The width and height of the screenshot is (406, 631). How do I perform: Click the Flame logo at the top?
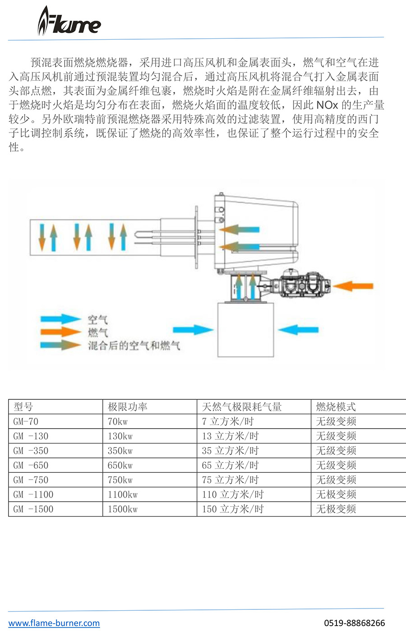pos(69,21)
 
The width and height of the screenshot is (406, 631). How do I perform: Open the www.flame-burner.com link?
pos(54,623)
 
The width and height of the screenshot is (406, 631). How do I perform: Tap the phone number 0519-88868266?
pos(355,623)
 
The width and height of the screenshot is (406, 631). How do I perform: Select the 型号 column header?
pos(23,407)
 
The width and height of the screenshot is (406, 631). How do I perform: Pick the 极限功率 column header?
pos(127,407)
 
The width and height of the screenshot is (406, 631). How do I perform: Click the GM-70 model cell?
pos(26,421)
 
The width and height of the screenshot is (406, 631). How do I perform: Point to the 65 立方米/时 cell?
pos(230,465)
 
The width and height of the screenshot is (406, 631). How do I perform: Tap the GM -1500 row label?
pos(33,509)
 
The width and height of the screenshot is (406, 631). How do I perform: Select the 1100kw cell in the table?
pos(123,494)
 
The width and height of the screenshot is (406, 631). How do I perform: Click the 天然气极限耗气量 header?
pos(242,407)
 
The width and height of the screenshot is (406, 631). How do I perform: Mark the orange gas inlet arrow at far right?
pos(353,286)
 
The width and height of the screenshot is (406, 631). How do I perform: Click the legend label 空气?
pos(97,320)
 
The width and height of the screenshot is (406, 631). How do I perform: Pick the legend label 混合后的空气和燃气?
pos(134,345)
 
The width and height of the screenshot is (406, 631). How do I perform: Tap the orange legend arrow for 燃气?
pos(60,332)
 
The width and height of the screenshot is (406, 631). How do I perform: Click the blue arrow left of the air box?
pos(193,330)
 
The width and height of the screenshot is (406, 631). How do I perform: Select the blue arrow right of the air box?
pos(298,330)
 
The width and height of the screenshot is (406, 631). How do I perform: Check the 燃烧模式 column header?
pos(336,407)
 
